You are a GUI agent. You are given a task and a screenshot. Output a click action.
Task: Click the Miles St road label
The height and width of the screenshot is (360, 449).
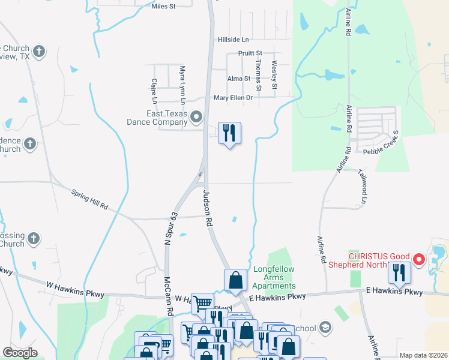(x=163, y=6)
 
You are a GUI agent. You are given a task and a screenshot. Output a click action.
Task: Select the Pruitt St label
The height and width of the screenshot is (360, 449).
(x=250, y=54)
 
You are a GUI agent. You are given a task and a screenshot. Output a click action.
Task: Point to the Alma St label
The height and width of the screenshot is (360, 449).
(x=238, y=79)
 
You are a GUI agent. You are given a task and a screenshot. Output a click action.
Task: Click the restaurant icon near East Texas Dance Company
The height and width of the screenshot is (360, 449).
(x=229, y=133)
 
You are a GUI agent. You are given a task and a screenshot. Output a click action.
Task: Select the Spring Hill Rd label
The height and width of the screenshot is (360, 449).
(x=89, y=200)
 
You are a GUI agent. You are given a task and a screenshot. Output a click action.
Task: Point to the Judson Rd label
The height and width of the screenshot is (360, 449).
(x=208, y=208)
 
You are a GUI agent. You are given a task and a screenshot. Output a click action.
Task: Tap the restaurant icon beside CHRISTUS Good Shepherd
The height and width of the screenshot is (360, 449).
(x=399, y=273)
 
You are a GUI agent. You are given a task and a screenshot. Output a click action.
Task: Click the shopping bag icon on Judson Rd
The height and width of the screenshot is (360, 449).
(x=237, y=280)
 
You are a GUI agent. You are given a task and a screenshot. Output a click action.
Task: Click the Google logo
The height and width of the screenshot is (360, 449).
(x=20, y=353)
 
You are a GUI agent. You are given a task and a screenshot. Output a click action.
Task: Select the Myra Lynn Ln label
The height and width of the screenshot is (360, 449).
(x=182, y=83)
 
